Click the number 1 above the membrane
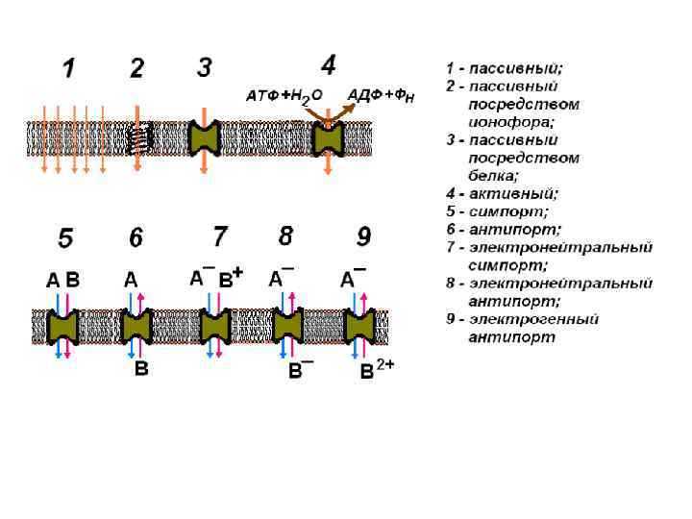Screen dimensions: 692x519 pyautogui.click(x=68, y=68)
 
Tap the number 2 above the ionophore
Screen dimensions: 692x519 pyautogui.click(x=137, y=68)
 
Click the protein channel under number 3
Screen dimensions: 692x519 pyautogui.click(x=204, y=139)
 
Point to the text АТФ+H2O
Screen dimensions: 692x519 pyautogui.click(x=284, y=95)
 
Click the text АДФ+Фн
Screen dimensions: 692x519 pyautogui.click(x=381, y=94)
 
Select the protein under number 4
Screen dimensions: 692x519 pyautogui.click(x=329, y=140)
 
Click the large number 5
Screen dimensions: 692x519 pyautogui.click(x=65, y=236)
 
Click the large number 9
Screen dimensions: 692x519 pyautogui.click(x=363, y=235)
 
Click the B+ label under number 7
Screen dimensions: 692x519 pyautogui.click(x=231, y=280)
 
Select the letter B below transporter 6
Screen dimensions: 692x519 pyautogui.click(x=141, y=368)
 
